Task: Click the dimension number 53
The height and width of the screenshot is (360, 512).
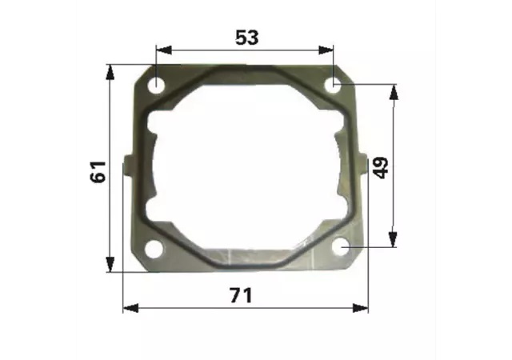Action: click(x=247, y=38)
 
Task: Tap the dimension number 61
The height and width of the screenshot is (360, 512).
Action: click(x=98, y=172)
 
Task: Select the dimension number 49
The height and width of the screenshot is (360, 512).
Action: click(x=381, y=168)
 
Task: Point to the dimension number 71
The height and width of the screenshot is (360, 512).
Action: click(x=242, y=295)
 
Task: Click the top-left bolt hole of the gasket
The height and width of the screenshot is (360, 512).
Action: click(x=157, y=85)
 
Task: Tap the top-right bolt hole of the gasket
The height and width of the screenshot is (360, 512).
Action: click(x=333, y=85)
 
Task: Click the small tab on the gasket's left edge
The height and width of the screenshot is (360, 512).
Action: click(x=130, y=164)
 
